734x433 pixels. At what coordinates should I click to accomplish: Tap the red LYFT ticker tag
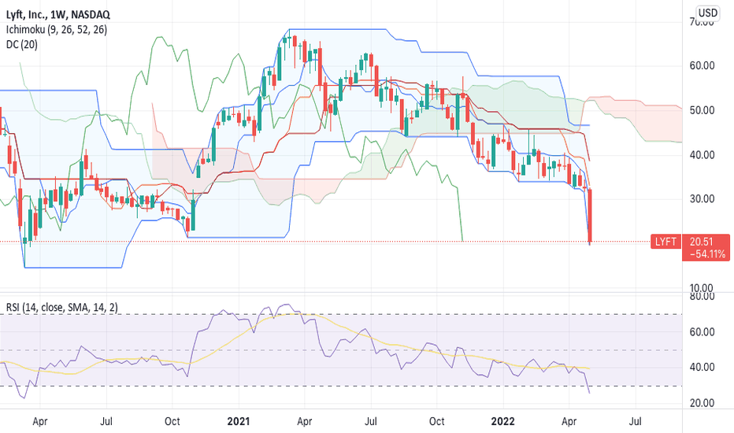tap(665, 243)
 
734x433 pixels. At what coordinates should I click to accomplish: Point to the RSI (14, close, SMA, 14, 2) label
tap(64, 306)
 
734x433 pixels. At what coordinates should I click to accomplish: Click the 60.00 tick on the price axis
tap(700, 65)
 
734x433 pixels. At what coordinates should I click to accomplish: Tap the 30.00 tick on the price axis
tap(700, 198)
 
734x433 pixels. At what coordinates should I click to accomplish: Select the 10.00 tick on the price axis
tap(700, 287)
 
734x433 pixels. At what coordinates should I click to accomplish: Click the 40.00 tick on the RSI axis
tap(700, 367)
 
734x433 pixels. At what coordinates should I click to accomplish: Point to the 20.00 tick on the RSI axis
tap(700, 403)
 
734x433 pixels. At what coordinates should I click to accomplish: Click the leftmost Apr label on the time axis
tap(39, 421)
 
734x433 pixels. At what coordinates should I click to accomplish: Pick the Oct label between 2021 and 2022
tap(436, 421)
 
